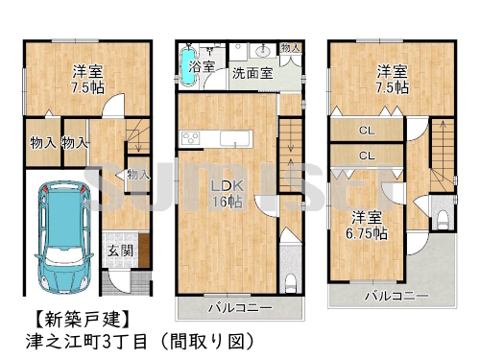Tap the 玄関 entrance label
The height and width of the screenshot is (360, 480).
point(119,252)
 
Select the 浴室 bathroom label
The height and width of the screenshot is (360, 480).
point(203,69)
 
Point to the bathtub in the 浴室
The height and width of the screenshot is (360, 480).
point(186,67)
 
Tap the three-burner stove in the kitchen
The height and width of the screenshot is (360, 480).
point(191,140)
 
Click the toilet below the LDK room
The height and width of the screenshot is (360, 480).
point(291,281)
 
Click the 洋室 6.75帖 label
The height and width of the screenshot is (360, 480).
point(368,225)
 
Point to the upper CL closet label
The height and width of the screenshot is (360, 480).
point(367,130)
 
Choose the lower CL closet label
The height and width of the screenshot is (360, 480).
point(367,156)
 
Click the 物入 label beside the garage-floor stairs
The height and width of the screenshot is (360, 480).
point(137,175)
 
